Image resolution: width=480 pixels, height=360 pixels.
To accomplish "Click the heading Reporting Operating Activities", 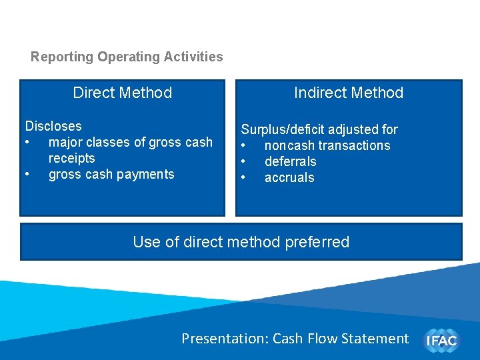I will (127, 57).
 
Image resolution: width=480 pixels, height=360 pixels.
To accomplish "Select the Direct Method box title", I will (123, 93).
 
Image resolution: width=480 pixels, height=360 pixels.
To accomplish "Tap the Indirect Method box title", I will (349, 93).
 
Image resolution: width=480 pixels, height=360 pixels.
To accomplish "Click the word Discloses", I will (53, 126).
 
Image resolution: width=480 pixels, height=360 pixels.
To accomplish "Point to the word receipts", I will (72, 158).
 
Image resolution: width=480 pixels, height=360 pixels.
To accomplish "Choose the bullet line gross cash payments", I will (111, 174).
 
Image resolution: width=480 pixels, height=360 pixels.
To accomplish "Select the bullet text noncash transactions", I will (327, 145).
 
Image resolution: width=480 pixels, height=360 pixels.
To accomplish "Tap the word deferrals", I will (291, 161).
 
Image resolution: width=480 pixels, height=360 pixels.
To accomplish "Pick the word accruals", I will (289, 177).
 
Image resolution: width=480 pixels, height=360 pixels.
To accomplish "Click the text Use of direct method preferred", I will (241, 242).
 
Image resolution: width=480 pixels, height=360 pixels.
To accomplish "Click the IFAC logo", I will (441, 340).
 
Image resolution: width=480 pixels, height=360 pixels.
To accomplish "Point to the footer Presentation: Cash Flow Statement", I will (295, 339).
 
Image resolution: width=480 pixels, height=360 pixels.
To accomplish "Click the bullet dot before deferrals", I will (245, 162).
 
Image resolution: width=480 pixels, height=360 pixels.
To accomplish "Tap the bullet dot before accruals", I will (245, 178).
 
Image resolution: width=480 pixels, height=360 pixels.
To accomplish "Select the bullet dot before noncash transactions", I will (245, 146).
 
